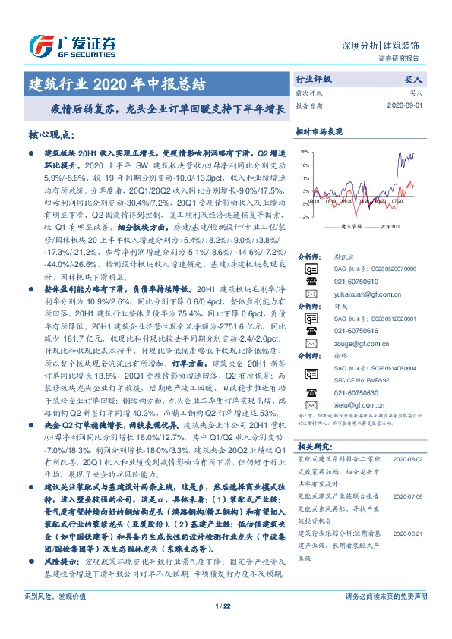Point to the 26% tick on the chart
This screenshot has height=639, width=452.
click(x=305, y=152)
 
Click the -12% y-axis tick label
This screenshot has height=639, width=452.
click(x=304, y=217)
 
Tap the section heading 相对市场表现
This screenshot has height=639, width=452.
click(x=318, y=131)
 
